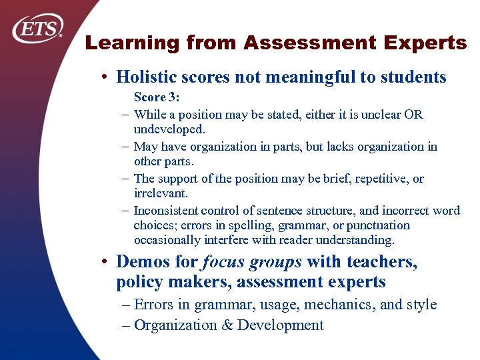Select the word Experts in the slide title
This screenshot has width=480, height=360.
[427, 44]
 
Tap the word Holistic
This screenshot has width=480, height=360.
[145, 77]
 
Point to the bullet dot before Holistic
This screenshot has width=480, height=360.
[106, 77]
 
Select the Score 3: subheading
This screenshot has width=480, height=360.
[157, 97]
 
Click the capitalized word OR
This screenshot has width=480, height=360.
[413, 115]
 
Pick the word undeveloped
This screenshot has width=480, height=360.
[169, 129]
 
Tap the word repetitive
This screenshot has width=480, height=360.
[377, 179]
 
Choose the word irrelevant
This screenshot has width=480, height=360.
[161, 193]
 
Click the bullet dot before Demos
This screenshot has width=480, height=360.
[106, 262]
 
